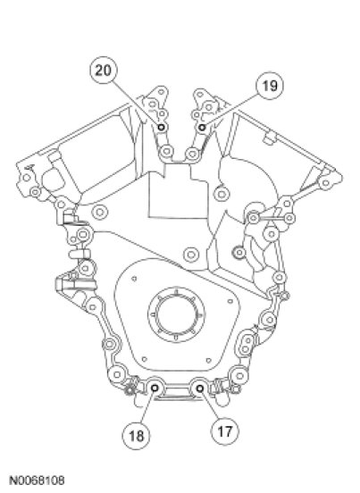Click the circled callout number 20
(104, 70)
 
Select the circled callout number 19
(270, 86)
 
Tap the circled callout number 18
(136, 436)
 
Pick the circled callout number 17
(224, 431)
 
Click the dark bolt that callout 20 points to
(162, 127)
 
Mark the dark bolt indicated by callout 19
(202, 128)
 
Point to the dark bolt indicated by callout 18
(155, 389)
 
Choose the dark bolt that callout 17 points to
(200, 389)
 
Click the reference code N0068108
(37, 480)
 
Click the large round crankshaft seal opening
(176, 314)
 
